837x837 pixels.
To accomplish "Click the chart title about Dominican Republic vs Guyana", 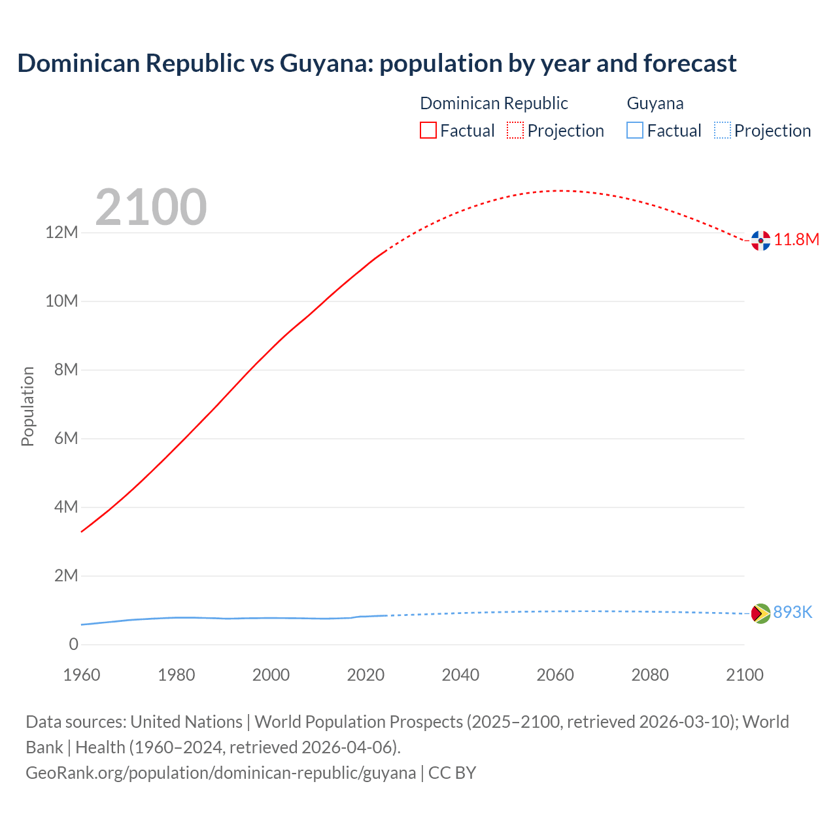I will coord(377,63).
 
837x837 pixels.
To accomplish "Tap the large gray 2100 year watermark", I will coord(151,207).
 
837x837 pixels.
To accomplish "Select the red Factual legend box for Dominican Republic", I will coord(428,130).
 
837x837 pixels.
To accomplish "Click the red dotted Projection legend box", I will coord(515,130).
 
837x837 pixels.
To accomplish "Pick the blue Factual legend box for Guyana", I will coord(635,130).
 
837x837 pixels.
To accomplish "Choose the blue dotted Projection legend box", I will coord(723,130).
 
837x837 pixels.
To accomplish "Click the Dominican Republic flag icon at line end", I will coord(760,241).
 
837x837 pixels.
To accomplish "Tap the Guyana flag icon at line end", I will coord(760,613).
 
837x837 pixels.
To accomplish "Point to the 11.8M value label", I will coord(796,240).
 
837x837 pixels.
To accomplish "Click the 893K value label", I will coord(793,613).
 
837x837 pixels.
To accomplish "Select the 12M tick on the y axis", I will coord(61,233).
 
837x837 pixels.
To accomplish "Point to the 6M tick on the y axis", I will coord(66,439).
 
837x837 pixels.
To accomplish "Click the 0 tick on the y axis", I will coord(73,645).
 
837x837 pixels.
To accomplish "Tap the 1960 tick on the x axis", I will coord(82,675).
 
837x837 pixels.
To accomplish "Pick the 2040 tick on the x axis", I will coord(460,675).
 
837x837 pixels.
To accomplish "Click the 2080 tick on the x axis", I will coord(650,675).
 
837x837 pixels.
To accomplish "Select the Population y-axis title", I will coord(27,406).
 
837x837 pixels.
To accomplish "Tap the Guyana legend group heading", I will coord(655,103).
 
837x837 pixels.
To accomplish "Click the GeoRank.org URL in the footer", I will coord(220,773).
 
